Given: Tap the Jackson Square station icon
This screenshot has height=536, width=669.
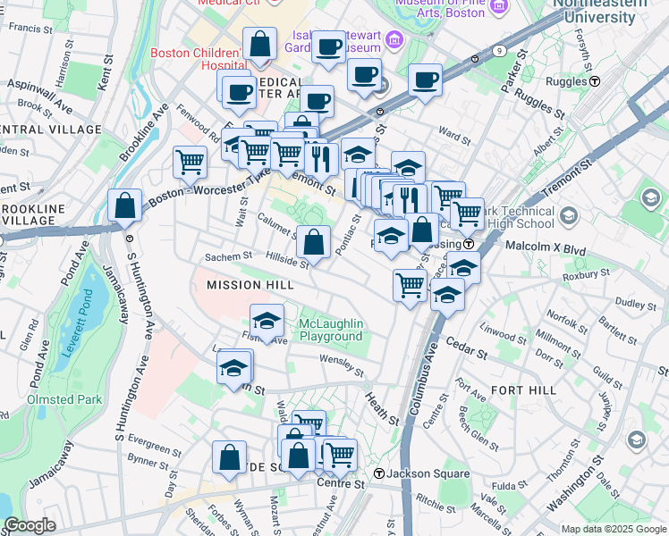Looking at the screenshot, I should coord(379,473).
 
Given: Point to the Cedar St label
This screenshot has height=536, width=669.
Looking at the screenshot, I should coord(469,351).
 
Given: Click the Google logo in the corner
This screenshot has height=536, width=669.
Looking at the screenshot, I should coord(30,525).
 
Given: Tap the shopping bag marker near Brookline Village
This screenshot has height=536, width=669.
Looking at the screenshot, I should coord(124,205).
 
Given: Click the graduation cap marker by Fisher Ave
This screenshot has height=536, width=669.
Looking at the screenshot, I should coord(267,321).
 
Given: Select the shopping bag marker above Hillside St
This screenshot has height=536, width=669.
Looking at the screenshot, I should coord(314,240).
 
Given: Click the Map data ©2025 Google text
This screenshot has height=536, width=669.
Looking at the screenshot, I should coord(613,529).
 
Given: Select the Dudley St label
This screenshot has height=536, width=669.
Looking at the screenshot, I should coord(634,305).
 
